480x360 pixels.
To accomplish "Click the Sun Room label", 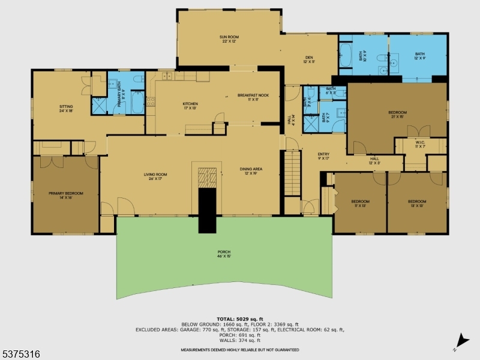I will [229, 40].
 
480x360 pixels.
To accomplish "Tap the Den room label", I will [309, 59].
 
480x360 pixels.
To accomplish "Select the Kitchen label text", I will [190, 106].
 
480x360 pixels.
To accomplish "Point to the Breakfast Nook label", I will [253, 97].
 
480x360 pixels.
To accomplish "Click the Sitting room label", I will [66, 109].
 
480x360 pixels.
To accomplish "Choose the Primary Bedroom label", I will [66, 195].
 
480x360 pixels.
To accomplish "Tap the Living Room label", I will [155, 176].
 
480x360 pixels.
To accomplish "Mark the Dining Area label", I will [251, 171].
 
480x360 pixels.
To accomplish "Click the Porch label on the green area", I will [224, 254].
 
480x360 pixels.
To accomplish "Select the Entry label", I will [323, 156].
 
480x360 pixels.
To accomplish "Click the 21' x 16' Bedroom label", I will [397, 115].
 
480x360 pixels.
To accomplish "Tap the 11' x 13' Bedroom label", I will [360, 203].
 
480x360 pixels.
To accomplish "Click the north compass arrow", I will [461, 340].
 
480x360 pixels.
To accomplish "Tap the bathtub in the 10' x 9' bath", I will [346, 55].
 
